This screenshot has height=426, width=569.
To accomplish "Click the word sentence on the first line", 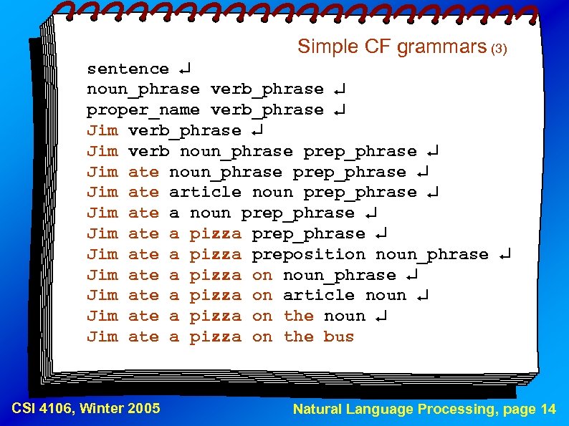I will pyautogui.click(x=128, y=69).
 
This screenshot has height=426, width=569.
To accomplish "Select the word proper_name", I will pyautogui.click(x=143, y=110).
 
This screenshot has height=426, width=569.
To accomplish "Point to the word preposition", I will pyautogui.click(x=309, y=254).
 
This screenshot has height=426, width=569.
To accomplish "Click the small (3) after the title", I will pyautogui.click(x=499, y=49).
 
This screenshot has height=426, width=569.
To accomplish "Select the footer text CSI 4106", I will pyautogui.click(x=44, y=409).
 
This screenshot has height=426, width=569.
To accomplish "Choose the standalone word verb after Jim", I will pyautogui.click(x=148, y=151).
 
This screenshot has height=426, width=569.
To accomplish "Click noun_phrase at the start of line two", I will pyautogui.click(x=143, y=89).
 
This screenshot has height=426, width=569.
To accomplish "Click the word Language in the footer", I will pyautogui.click(x=381, y=410).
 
